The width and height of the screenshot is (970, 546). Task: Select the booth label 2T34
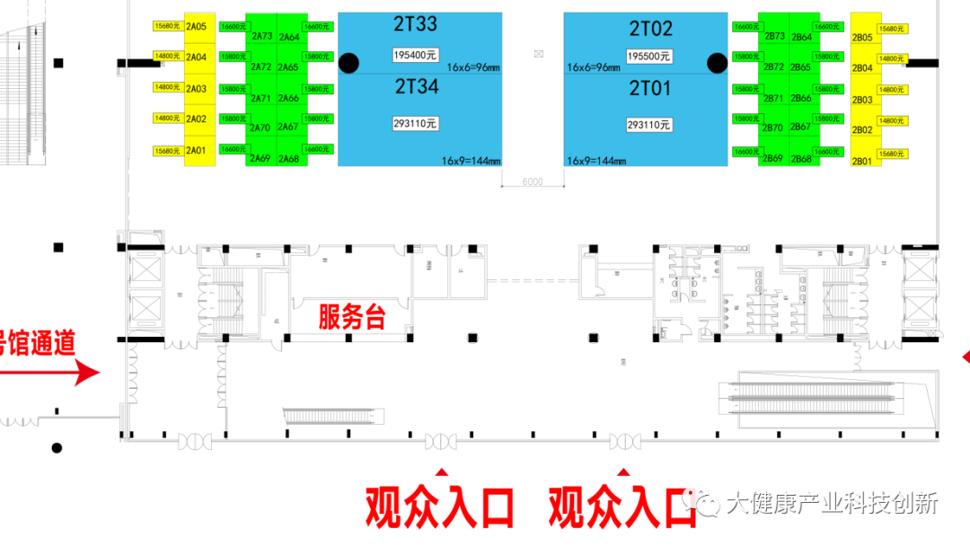416,87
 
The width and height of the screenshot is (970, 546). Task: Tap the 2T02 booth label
650,29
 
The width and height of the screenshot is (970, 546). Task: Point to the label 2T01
650,88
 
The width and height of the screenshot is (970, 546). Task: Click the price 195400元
415,55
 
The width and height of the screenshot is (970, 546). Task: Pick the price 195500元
648,56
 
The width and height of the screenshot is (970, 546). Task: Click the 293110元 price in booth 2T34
415,124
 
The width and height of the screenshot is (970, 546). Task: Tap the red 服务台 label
352,317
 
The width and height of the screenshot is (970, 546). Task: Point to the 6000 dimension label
532,182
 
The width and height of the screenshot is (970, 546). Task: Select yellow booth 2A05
196,27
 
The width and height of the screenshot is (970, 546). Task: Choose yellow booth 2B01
861,162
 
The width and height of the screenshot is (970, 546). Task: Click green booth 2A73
261,36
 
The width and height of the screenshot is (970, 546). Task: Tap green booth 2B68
801,159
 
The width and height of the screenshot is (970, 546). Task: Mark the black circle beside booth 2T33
348,63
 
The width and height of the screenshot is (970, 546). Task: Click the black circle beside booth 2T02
717,63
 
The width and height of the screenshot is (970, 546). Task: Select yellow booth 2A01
196,151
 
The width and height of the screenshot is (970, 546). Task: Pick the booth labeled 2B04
861,68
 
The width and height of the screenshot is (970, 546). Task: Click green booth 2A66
288,98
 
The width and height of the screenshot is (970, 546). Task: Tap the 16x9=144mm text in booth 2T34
471,161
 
